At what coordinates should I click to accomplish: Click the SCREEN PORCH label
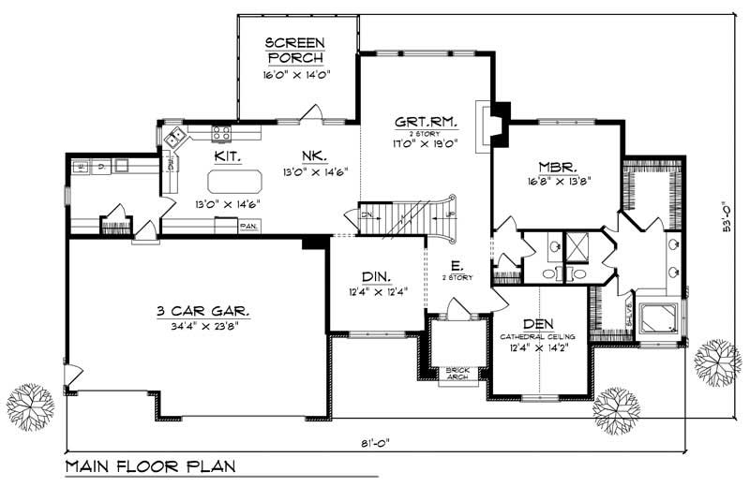tap(295, 50)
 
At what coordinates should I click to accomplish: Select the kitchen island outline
tap(233, 179)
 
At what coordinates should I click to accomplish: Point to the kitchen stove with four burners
tap(221, 132)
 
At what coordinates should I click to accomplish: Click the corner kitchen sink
tap(175, 139)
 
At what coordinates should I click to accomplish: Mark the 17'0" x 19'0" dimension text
tap(412, 144)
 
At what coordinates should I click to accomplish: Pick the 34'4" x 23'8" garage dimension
tap(195, 328)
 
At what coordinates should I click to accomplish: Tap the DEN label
tap(539, 322)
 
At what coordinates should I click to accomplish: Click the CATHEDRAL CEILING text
tap(539, 335)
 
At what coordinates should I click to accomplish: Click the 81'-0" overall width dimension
tap(374, 445)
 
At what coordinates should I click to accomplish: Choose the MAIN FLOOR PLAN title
tap(150, 466)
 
